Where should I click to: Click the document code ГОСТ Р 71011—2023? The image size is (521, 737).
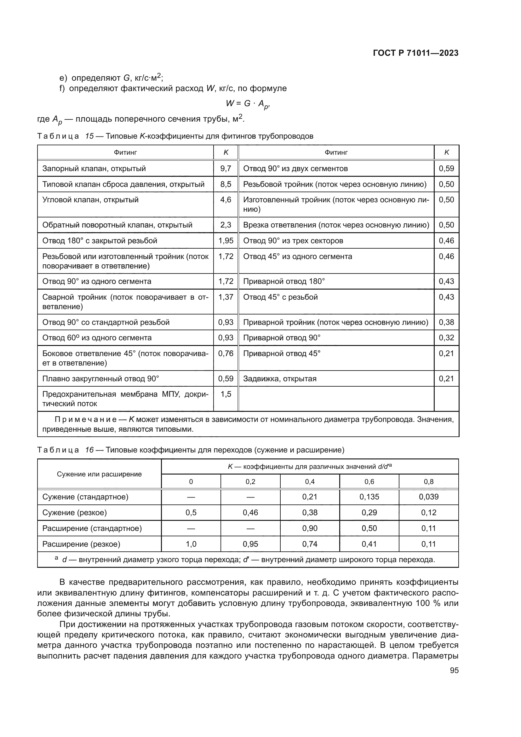[x=416, y=53]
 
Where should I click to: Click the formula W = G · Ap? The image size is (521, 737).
[x=247, y=104]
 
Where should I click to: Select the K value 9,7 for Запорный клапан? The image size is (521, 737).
[x=226, y=169]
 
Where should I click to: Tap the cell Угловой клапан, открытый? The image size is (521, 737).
[x=90, y=200]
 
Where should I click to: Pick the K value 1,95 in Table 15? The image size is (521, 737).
[x=226, y=241]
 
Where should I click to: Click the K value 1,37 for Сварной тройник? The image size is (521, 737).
[x=226, y=297]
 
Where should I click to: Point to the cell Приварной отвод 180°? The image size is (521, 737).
[x=284, y=281]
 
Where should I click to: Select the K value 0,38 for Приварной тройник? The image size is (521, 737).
[x=446, y=322]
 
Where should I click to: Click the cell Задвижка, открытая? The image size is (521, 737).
[x=280, y=379]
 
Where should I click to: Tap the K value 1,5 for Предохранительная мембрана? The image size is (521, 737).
[x=226, y=394]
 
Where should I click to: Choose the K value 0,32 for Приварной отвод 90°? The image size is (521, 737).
[x=446, y=338]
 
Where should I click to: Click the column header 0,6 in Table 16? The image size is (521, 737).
[x=369, y=482]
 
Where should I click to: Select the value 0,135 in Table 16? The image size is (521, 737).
[x=369, y=497]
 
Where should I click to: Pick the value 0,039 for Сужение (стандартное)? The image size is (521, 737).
[x=429, y=497]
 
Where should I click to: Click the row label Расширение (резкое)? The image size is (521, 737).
[x=81, y=544]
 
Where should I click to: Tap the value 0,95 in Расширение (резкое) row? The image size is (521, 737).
[x=250, y=544]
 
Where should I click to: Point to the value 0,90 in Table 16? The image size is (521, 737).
[x=310, y=528]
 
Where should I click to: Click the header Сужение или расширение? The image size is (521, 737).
[x=99, y=475]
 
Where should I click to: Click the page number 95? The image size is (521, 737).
[x=454, y=671]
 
